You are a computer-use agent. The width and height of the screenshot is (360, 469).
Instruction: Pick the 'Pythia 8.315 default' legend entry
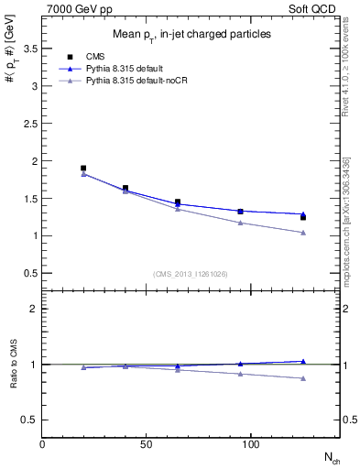125,69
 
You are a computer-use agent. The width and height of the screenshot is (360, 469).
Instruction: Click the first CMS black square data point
83,169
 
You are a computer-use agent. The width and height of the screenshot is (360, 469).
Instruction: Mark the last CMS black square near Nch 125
303,217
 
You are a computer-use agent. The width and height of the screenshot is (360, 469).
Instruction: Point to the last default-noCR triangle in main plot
303,233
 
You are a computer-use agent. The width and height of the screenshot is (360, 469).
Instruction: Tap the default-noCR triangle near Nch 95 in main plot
240,223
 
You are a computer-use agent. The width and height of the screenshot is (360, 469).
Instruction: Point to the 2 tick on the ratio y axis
34,309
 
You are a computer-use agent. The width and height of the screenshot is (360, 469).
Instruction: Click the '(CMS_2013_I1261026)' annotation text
191,274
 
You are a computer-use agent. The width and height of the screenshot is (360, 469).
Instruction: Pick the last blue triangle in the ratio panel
303,361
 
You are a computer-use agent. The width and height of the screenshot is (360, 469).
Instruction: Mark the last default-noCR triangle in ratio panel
303,378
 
